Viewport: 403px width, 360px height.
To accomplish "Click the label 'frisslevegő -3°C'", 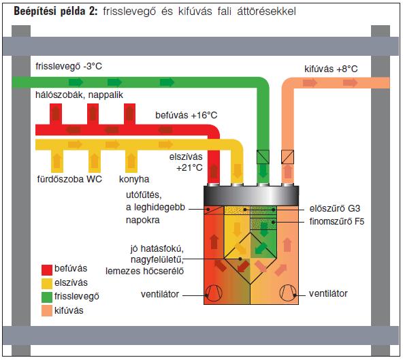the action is tap(69, 66).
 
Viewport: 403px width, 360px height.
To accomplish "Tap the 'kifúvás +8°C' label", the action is tap(331, 69).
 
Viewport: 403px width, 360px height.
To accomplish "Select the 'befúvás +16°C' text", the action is tap(186, 115).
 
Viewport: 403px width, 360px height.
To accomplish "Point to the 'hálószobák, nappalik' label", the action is tap(79, 95).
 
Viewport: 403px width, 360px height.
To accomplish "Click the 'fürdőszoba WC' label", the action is tap(69, 179).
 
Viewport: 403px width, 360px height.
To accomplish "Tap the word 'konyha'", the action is tap(134, 180).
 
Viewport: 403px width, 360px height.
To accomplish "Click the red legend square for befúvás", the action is tap(47, 269).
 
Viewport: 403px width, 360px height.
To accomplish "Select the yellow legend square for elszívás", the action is tap(47, 284).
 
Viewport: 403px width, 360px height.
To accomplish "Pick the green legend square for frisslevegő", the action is tap(47, 297).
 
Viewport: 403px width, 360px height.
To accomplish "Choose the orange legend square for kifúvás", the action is tap(47, 311).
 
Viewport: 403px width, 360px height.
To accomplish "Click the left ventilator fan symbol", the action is tap(214, 293).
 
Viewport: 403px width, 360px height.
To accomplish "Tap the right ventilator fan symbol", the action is tap(287, 293).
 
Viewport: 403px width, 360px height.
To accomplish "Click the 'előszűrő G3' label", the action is tap(335, 208).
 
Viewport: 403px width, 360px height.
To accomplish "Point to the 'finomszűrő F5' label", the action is tap(337, 221).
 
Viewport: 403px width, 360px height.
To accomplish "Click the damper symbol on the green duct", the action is tap(263, 157).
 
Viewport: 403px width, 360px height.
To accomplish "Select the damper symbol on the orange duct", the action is tap(287, 157).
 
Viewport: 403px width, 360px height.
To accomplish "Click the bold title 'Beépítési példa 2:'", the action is tap(56, 12).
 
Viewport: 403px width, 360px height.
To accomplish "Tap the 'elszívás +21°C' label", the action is tap(186, 162).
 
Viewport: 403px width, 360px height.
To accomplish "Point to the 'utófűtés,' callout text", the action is tap(144, 195).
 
